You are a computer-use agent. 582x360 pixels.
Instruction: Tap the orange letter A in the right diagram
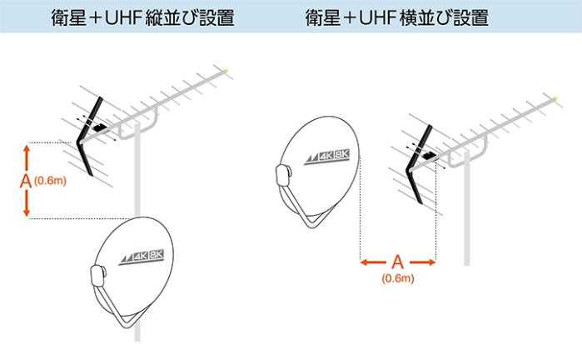coord(398,262)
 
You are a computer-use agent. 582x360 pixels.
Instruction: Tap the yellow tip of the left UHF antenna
coord(227,70)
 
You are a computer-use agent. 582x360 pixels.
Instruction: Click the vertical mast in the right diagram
coord(468,217)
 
